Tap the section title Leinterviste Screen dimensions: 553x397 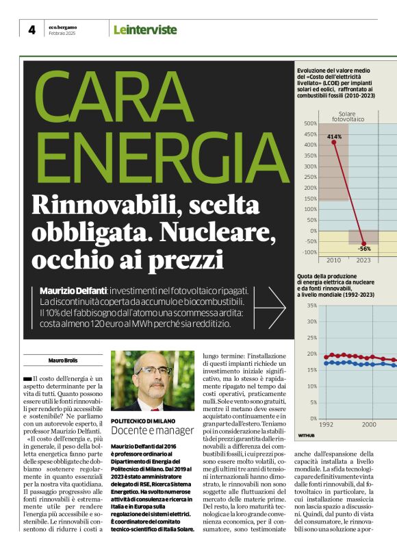pyautogui.click(x=144, y=29)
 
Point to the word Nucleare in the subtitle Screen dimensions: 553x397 pyautogui.click(x=222, y=234)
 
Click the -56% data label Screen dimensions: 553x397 pyautogui.click(x=364, y=248)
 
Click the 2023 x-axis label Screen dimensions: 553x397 pyautogui.click(x=363, y=261)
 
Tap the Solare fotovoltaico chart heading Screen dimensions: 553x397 pyautogui.click(x=349, y=116)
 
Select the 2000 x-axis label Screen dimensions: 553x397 pyautogui.click(x=369, y=425)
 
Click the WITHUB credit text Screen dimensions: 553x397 pyautogui.click(x=307, y=435)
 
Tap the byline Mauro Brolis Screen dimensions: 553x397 pyautogui.click(x=63, y=360)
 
